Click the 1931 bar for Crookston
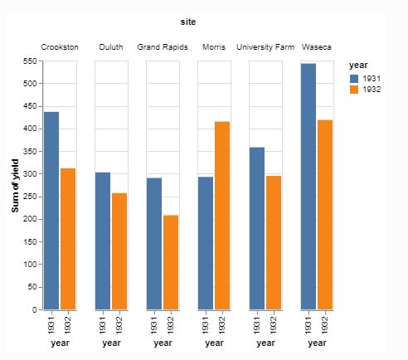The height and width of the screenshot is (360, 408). [51, 211]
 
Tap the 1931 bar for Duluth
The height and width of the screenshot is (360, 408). [103, 241]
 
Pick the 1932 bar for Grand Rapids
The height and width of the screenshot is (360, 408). [171, 262]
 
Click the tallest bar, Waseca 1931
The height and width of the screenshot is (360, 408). [308, 186]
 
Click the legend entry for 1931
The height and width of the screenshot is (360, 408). [368, 78]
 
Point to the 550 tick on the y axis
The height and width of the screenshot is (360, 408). [29, 61]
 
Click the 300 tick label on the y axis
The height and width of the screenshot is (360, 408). [29, 174]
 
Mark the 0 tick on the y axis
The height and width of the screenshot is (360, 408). [34, 309]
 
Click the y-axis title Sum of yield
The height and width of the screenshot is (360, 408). [16, 185]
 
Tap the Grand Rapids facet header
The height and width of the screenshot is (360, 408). [163, 47]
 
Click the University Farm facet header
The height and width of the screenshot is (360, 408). [265, 47]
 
